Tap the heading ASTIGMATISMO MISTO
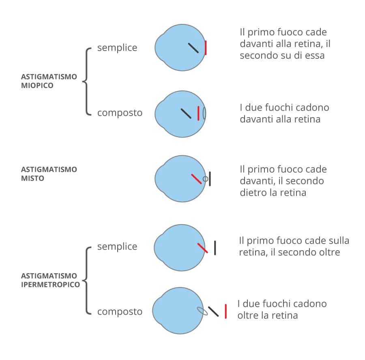49,174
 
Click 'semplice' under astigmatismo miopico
117,48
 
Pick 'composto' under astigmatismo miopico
120,113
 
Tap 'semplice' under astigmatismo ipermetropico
117,246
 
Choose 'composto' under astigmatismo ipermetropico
120,311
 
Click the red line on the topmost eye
206,48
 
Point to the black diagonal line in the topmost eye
193,48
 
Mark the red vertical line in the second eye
198,113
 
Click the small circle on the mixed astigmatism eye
205,178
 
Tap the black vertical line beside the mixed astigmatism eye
210,178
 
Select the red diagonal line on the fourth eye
202,248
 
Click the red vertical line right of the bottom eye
225,311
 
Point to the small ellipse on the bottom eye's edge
202,311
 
